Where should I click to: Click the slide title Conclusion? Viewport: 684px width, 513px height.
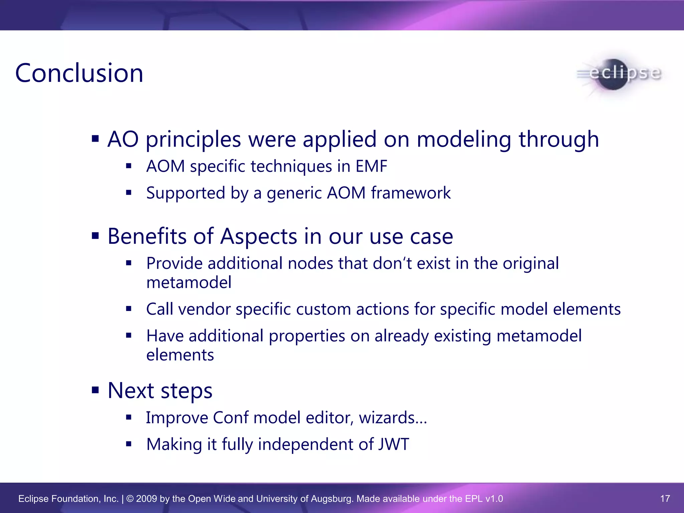79,73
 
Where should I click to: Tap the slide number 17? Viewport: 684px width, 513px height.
665,499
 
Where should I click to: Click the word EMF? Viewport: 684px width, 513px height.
371,166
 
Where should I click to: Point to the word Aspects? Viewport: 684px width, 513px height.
259,236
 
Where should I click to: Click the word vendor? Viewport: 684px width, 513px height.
204,309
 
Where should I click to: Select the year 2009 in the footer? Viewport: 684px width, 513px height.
146,499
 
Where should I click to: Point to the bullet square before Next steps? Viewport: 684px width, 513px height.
96,390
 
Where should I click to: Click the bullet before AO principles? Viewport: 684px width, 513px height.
96,138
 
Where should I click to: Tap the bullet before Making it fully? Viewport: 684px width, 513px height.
129,444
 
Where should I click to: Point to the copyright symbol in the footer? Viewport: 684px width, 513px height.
130,499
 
